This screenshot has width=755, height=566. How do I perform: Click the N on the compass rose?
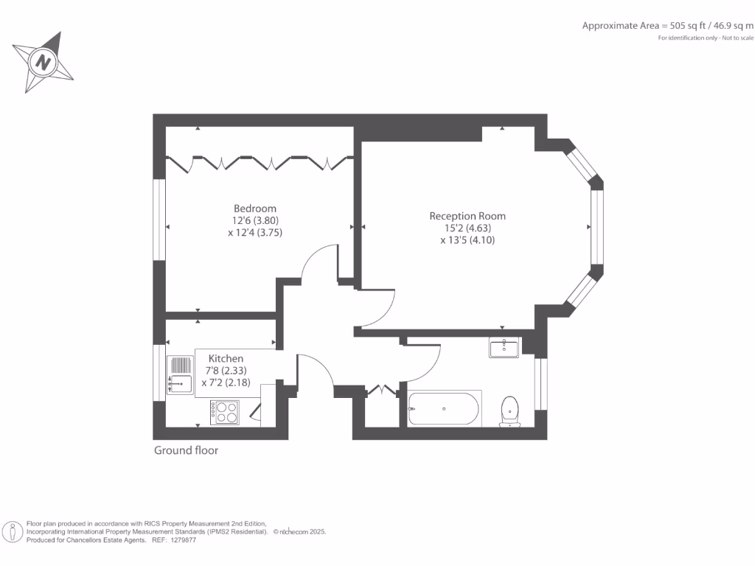click(x=44, y=63)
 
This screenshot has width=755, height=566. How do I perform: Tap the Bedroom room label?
click(x=255, y=209)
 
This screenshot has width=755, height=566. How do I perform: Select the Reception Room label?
click(x=467, y=216)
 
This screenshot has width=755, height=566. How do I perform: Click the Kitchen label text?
click(x=226, y=359)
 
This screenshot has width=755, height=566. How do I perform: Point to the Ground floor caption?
click(x=187, y=450)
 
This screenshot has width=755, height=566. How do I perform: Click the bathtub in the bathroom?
click(x=444, y=408)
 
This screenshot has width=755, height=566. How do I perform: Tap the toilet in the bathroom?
click(x=509, y=411)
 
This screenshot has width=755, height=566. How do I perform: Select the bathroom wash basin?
click(x=504, y=347)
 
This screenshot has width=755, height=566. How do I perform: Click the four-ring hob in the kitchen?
click(x=224, y=413)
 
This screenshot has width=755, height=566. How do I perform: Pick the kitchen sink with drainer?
click(x=180, y=375)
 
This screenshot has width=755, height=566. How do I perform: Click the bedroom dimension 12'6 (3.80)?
click(x=255, y=220)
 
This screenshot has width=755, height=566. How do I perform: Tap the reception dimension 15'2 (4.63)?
click(x=467, y=228)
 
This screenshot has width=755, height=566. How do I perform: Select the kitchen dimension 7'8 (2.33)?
click(x=226, y=371)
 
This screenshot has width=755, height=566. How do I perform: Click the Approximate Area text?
click(x=668, y=26)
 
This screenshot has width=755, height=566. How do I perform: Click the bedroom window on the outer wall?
click(x=159, y=220)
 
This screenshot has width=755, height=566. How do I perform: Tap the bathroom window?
click(x=541, y=383)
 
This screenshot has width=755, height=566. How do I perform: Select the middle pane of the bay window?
click(x=597, y=227)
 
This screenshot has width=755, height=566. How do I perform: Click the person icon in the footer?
click(x=12, y=532)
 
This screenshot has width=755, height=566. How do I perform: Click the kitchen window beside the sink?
click(x=159, y=372)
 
